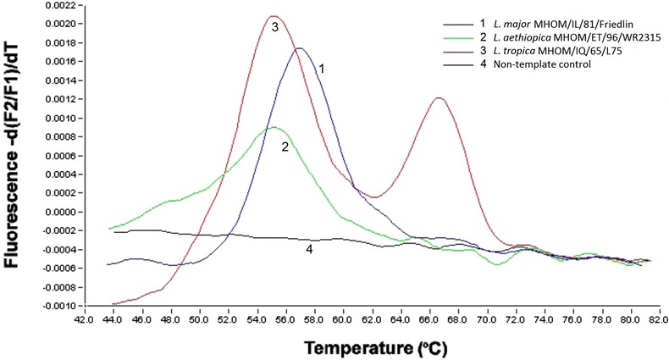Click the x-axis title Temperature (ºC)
(x=371, y=347)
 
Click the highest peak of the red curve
(x=273, y=16)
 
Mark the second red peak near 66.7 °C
(x=438, y=97)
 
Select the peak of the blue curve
(x=300, y=48)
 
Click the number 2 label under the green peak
(x=285, y=147)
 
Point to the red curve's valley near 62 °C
(x=375, y=197)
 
